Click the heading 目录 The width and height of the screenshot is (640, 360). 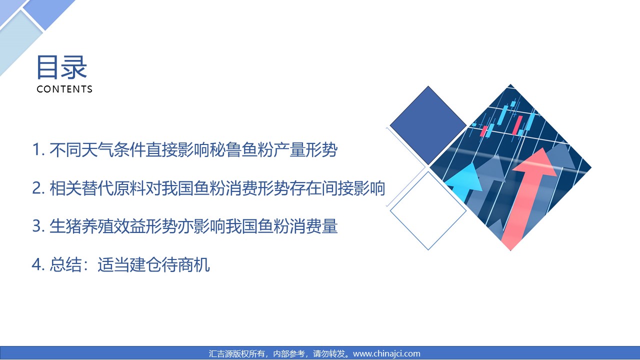pyautogui.click(x=61, y=67)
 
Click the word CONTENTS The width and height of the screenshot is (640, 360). pyautogui.click(x=64, y=89)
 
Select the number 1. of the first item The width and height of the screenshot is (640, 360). pyautogui.click(x=38, y=149)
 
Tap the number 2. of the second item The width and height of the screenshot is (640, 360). pyautogui.click(x=38, y=188)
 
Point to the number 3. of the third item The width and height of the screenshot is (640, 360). pyautogui.click(x=38, y=226)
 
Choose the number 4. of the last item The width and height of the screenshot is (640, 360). pyautogui.click(x=38, y=264)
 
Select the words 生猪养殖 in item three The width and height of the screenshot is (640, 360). pyautogui.click(x=81, y=226)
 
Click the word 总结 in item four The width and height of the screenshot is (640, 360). pyautogui.click(x=65, y=264)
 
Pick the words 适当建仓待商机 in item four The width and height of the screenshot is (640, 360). pyautogui.click(x=153, y=264)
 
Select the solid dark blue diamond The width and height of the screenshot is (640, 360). pyautogui.click(x=428, y=125)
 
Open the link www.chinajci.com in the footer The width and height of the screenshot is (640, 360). pyautogui.click(x=386, y=353)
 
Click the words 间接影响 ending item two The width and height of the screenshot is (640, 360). pyautogui.click(x=353, y=188)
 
